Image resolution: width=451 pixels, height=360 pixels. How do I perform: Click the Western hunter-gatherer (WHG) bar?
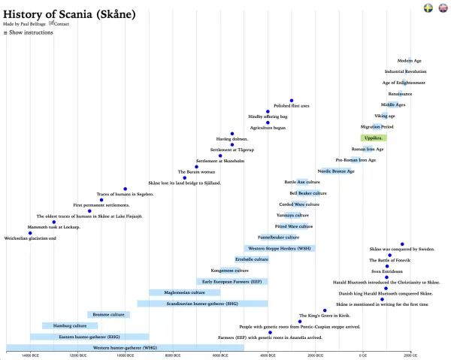pyautogui.click(x=125, y=348)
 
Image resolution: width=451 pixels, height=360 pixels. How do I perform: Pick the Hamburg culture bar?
pyautogui.click(x=65, y=325)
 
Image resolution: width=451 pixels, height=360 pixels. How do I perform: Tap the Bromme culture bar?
pyautogui.click(x=108, y=314)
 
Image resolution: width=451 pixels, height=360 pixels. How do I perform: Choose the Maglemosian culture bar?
pyautogui.click(x=185, y=292)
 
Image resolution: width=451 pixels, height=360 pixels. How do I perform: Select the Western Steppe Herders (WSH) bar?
pyautogui.click(x=279, y=248)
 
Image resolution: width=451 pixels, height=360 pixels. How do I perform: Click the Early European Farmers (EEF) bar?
pyautogui.click(x=232, y=281)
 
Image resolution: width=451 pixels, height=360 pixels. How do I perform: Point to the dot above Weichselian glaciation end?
pyautogui.click(x=30, y=233)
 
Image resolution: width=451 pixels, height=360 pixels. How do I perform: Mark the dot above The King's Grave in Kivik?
pyautogui.click(x=325, y=310)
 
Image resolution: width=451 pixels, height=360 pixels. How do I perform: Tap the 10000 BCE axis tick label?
pyautogui.click(x=125, y=355)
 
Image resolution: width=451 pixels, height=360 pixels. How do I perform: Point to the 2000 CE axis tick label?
pyautogui.click(x=410, y=355)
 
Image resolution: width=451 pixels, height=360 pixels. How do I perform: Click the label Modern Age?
pyautogui.click(x=410, y=60)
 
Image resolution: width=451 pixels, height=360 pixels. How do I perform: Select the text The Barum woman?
pyautogui.click(x=196, y=171)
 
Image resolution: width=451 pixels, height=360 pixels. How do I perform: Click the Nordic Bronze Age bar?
pyautogui.click(x=337, y=171)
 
